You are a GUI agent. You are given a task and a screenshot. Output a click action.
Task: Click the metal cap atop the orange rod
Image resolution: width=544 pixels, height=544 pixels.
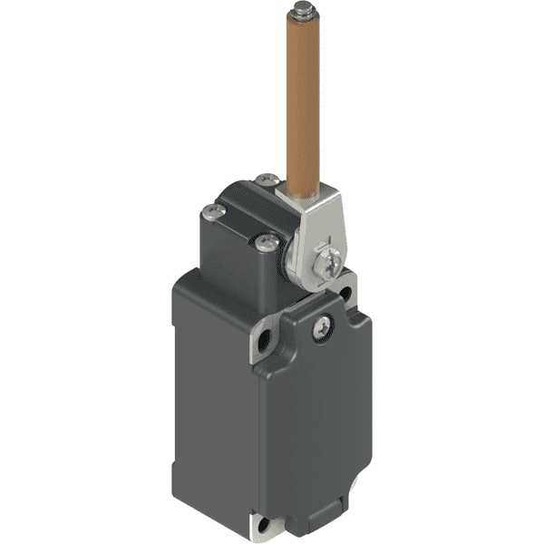pos(303,12)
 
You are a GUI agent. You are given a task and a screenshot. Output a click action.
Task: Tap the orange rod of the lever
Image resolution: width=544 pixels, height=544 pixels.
pos(302,100)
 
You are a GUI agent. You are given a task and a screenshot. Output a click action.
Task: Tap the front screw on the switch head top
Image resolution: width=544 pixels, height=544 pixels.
pos(267,242)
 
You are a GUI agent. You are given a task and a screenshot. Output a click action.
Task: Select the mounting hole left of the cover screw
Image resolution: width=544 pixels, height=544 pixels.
pos(265,344)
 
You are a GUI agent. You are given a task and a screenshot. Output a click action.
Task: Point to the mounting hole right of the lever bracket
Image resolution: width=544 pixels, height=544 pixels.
pos(345,293)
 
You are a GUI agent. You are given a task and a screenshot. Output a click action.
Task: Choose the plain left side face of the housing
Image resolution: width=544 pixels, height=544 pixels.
pos(209,390)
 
